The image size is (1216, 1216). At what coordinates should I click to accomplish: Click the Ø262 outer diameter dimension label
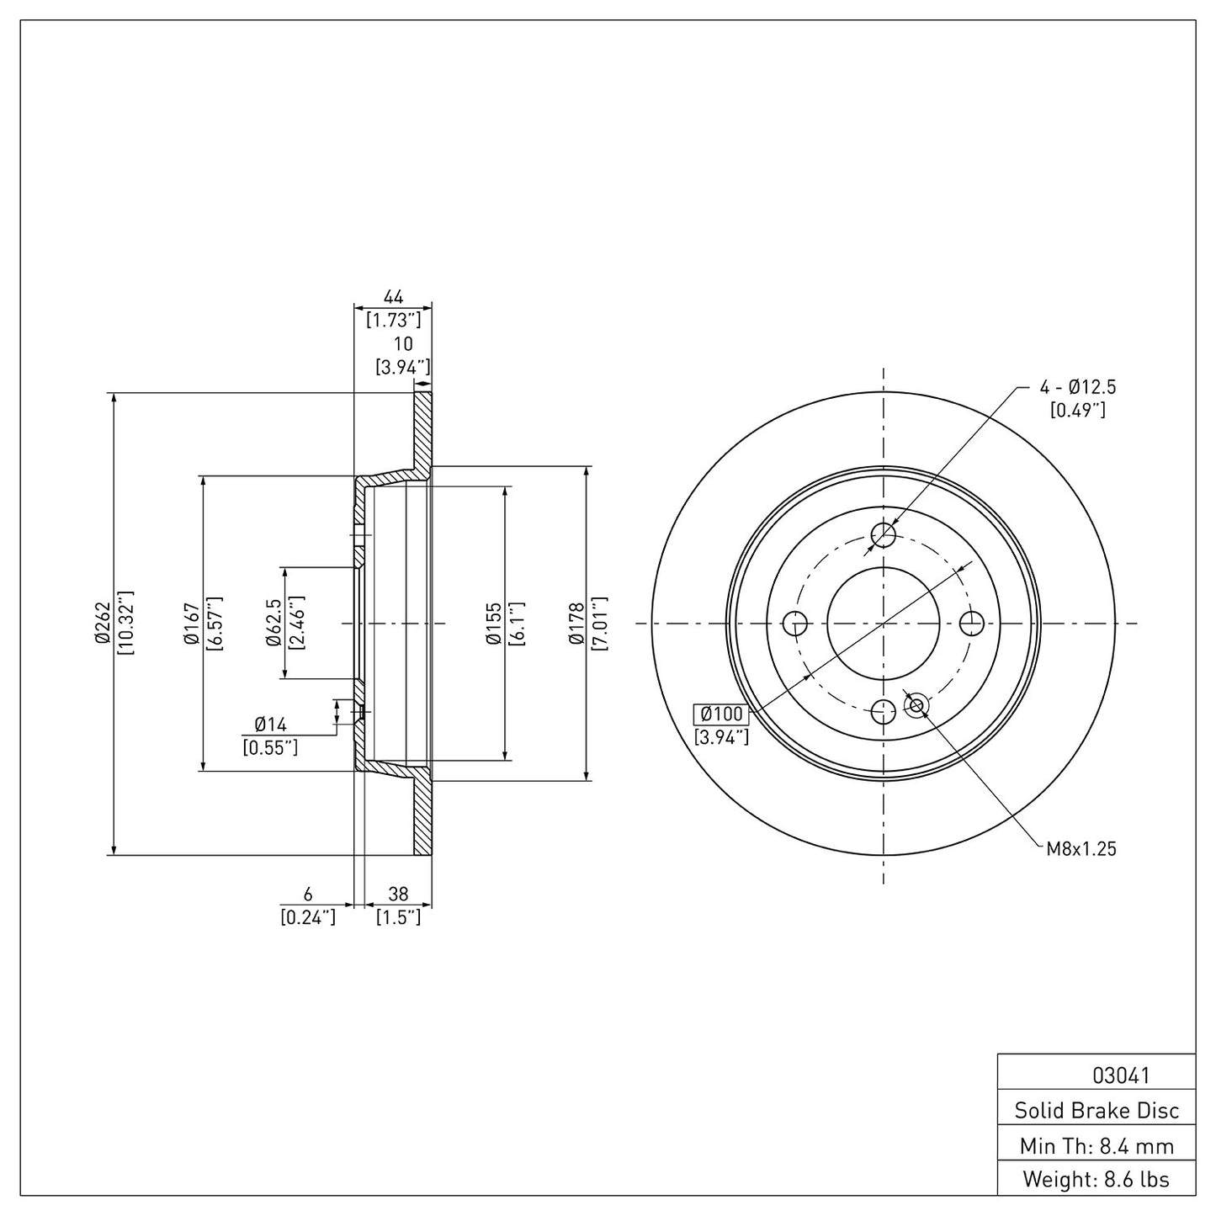pyautogui.click(x=102, y=624)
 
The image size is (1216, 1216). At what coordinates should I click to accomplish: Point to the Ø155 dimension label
pyautogui.click(x=493, y=624)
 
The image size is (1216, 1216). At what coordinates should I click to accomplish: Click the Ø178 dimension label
pyautogui.click(x=576, y=624)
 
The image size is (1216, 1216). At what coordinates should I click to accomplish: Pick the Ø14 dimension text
pyautogui.click(x=271, y=724)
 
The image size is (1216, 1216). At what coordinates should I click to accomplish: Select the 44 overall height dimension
pyautogui.click(x=393, y=297)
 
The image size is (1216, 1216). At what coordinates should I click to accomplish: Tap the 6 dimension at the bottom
pyautogui.click(x=308, y=894)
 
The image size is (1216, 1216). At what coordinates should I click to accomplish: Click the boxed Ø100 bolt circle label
pyautogui.click(x=721, y=714)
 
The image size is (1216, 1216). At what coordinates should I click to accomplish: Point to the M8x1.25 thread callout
pyautogui.click(x=1081, y=848)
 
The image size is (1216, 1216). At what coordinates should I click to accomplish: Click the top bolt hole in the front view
pyautogui.click(x=883, y=534)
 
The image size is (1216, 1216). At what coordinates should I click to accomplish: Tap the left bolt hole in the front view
pyautogui.click(x=794, y=624)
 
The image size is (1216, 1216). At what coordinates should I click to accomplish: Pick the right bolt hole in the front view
pyautogui.click(x=972, y=624)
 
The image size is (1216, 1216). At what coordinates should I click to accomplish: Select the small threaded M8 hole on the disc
pyautogui.click(x=916, y=704)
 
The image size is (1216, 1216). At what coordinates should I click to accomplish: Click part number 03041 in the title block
pyautogui.click(x=1096, y=1075)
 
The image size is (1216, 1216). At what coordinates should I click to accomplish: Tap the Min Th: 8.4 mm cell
pyautogui.click(x=1096, y=1145)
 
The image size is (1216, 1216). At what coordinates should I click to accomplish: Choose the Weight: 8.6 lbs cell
pyautogui.click(x=1096, y=1179)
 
